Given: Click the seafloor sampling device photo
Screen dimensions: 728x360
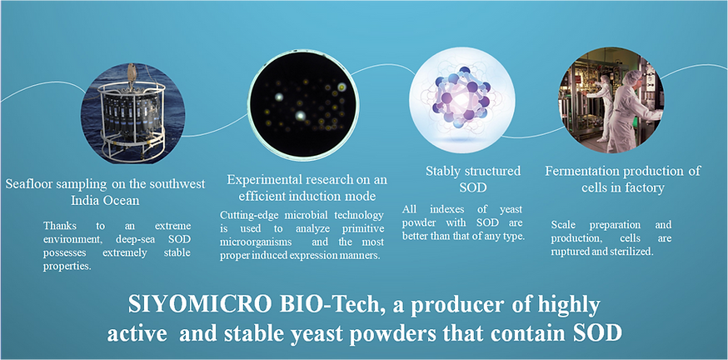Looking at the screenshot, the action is point(132,112).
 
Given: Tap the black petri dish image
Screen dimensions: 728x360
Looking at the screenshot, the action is point(304,104).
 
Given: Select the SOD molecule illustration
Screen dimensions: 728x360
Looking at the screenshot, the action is point(462,101).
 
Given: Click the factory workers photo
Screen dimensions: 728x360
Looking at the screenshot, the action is point(611,99).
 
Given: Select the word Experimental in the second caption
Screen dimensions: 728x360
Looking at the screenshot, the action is point(252,180).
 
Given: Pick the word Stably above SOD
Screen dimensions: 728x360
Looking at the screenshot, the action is point(441,172).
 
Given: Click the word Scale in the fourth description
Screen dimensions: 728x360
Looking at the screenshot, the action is point(564,225).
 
